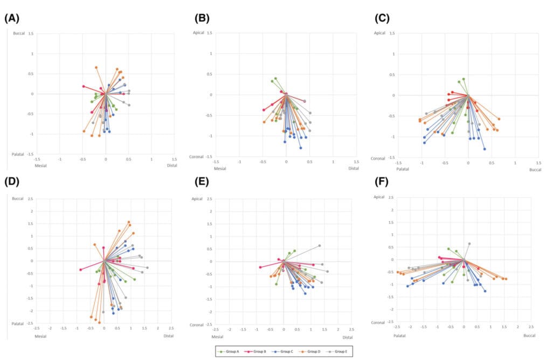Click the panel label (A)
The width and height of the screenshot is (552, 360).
11,18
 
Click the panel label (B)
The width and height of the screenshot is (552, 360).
202,18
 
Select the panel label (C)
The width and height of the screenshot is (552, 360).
382,18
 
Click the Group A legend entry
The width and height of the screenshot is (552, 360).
229,351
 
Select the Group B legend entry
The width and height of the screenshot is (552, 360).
254,351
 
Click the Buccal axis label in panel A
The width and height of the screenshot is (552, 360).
19,33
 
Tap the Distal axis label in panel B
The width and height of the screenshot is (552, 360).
354,168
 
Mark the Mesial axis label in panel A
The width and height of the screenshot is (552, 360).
41,165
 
